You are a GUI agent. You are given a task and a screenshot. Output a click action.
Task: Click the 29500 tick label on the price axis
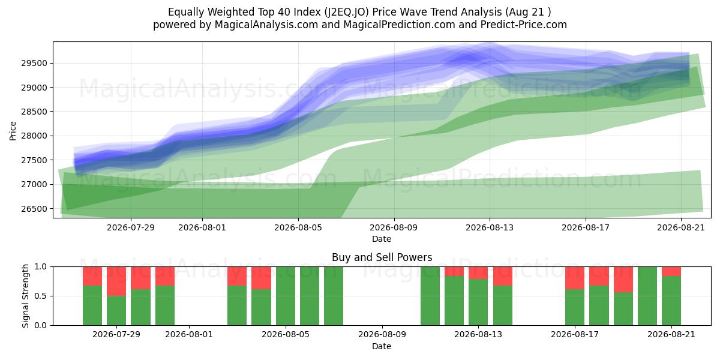34,64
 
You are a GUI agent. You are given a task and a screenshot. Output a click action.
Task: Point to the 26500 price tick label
34,209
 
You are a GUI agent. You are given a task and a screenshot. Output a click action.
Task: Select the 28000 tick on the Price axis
34,136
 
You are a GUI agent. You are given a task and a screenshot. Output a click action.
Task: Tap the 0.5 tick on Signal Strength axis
41,296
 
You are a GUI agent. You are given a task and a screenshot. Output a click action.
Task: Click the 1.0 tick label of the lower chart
41,267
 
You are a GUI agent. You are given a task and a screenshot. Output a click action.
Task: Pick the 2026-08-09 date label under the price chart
394,227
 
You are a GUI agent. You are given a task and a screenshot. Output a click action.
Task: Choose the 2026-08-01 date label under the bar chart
189,335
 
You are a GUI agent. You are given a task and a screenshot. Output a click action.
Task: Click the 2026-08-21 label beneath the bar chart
671,335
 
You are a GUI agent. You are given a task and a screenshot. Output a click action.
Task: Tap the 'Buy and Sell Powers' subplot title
382,257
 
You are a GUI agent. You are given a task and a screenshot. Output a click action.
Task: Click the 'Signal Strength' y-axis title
26,296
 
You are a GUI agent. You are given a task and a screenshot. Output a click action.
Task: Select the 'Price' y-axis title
13,131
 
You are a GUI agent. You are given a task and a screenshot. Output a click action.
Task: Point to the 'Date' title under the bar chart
382,347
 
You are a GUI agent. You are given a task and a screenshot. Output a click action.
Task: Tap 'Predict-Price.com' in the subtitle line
524,25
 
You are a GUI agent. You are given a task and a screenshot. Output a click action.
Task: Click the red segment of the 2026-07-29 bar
116,281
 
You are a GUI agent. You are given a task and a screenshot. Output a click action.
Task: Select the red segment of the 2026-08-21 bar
671,271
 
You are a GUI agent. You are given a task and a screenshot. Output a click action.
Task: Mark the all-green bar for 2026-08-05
286,296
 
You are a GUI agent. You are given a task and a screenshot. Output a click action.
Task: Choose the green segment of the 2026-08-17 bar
575,307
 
